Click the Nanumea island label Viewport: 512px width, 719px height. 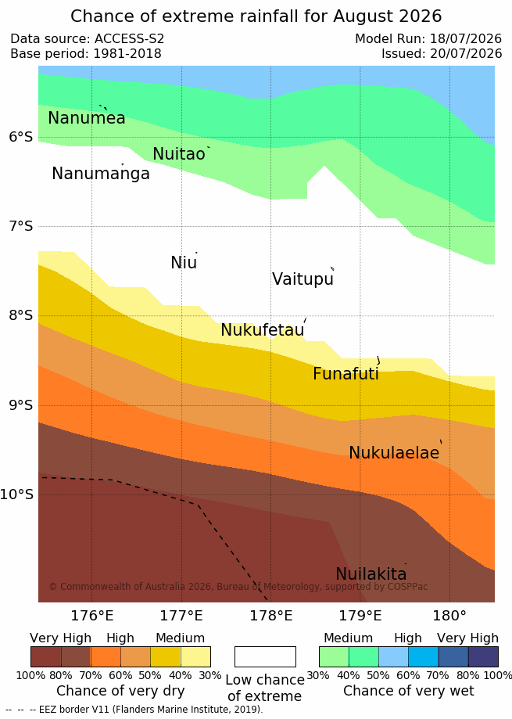pyautogui.click(x=87, y=118)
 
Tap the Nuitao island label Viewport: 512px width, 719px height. pyautogui.click(x=178, y=154)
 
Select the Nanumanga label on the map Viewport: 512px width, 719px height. pyautogui.click(x=101, y=174)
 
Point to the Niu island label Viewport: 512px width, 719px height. pyautogui.click(x=184, y=263)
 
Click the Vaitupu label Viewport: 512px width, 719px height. pyautogui.click(x=303, y=279)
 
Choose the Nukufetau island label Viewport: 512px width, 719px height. pyautogui.click(x=263, y=329)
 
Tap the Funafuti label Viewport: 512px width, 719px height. pyautogui.click(x=346, y=374)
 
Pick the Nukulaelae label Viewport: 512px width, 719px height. pyautogui.click(x=394, y=452)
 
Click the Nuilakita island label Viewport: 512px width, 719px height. pyautogui.click(x=371, y=573)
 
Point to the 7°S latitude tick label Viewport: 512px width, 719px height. pyautogui.click(x=20, y=226)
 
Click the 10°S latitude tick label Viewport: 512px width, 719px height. pyautogui.click(x=16, y=494)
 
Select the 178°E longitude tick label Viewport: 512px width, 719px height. pyautogui.click(x=270, y=616)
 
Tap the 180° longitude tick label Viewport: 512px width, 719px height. pyautogui.click(x=449, y=616)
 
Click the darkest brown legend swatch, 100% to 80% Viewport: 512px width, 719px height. pyautogui.click(x=46, y=656)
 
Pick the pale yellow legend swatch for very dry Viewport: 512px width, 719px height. pyautogui.click(x=195, y=656)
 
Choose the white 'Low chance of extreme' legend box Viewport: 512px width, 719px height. pyautogui.click(x=265, y=656)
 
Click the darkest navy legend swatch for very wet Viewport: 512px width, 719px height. pyautogui.click(x=483, y=656)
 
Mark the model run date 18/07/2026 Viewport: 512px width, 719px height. pyautogui.click(x=466, y=39)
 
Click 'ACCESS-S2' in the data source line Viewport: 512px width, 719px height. pyautogui.click(x=129, y=39)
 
